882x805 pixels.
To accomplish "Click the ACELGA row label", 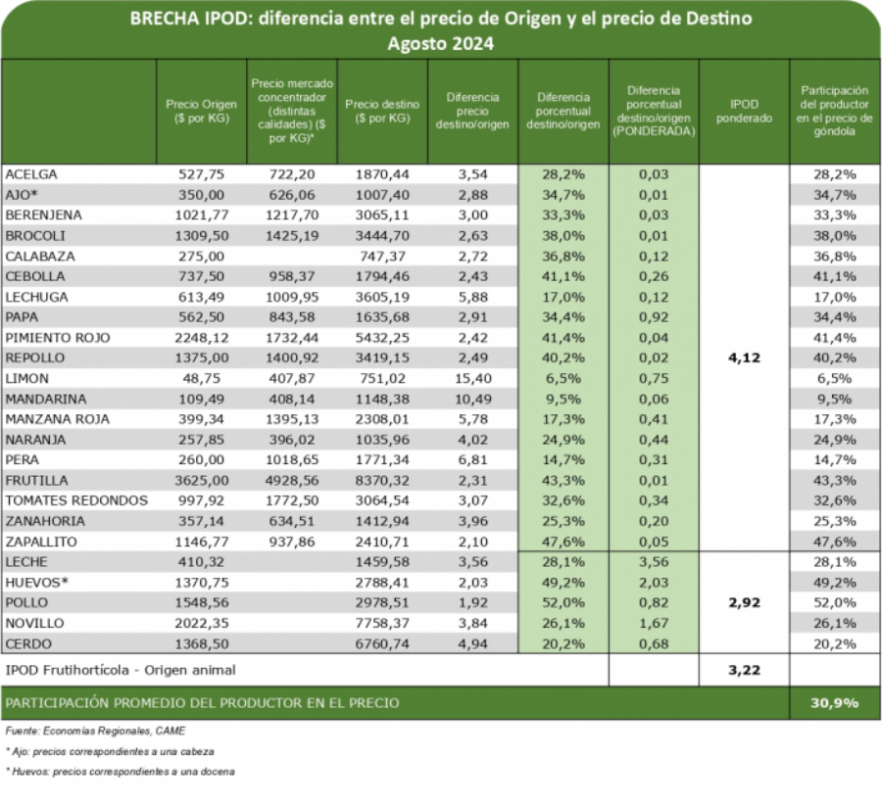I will point(32,174).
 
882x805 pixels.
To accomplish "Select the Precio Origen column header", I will point(200,110).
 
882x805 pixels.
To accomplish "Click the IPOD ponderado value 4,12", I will point(746,357).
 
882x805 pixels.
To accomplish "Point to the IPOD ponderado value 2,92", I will point(746,602).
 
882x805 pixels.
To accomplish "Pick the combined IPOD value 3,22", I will point(746,670).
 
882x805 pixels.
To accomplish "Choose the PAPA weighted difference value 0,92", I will point(654,317).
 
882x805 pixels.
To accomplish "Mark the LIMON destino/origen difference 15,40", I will point(472,378).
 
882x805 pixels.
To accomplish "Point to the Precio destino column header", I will point(382,110).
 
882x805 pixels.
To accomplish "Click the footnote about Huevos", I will point(120,772).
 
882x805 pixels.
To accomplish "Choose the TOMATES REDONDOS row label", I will point(76,500).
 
